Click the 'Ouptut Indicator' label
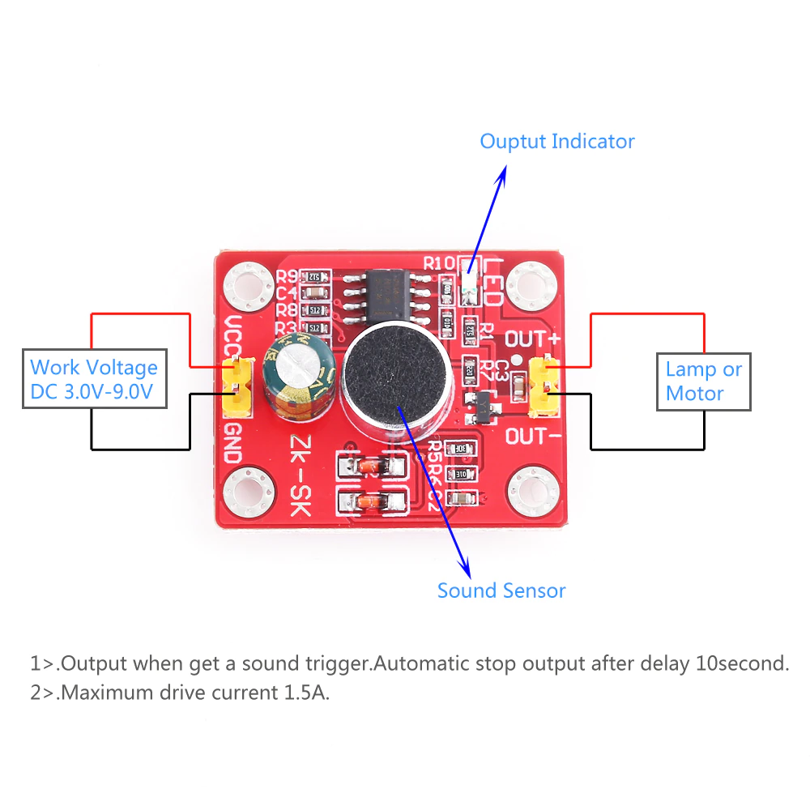point(556,142)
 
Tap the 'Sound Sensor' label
point(501,590)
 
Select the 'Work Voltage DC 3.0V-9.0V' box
point(94,379)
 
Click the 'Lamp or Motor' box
point(703,382)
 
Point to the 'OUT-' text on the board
point(533,437)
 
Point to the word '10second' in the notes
point(741,664)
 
